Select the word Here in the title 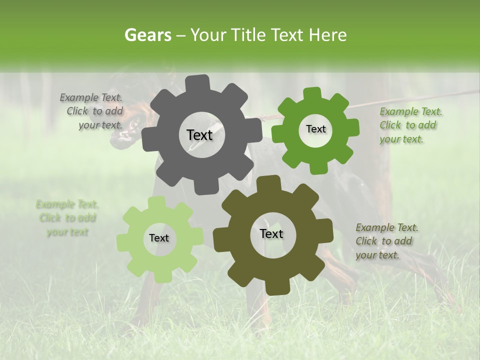coord(328,35)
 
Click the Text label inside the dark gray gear coord(199,135)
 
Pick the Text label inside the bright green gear coord(315,129)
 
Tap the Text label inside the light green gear coord(159,238)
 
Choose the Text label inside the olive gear coord(271,233)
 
